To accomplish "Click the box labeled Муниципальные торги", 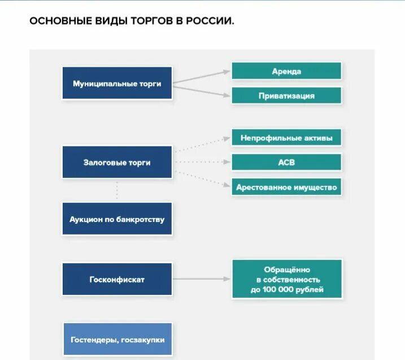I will click(x=117, y=84).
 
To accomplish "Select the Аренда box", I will click(x=286, y=71).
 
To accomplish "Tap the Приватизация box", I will click(x=286, y=96).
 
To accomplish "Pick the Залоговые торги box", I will click(x=117, y=163).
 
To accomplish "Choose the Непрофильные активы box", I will click(x=286, y=138).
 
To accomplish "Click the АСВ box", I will click(x=286, y=162).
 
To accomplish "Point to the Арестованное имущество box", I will click(x=286, y=187).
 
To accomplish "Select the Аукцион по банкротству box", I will click(x=117, y=219).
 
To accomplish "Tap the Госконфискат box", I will click(x=117, y=279).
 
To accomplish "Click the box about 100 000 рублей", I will click(x=286, y=279).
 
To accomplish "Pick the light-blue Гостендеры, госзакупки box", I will click(x=117, y=339).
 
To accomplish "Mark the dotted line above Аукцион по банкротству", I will click(x=117, y=190).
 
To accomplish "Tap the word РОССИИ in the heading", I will click(x=208, y=22).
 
